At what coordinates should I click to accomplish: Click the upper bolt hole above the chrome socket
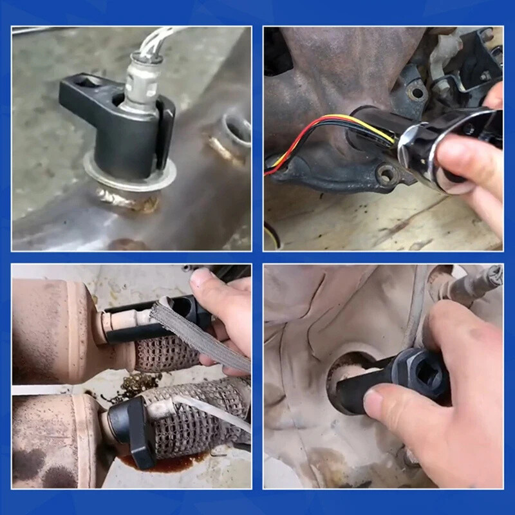pos(417,93)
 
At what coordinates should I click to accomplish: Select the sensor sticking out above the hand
pos(473,283)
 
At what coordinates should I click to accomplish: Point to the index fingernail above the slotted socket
pos(200,278)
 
